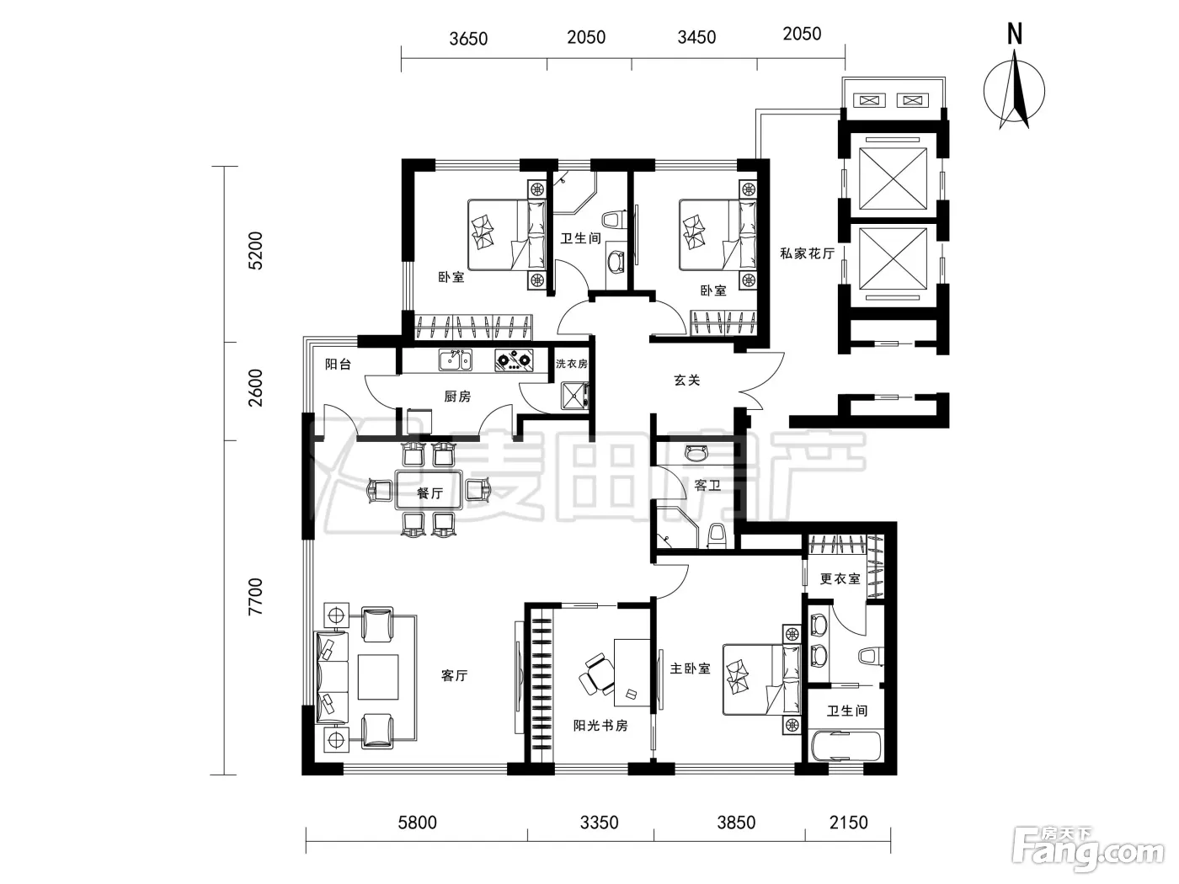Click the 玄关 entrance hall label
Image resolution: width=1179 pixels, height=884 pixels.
(x=687, y=380)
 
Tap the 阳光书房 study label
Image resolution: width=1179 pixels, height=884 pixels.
(x=600, y=726)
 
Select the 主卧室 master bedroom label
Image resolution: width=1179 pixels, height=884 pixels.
(x=691, y=668)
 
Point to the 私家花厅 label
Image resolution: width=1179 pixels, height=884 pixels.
(x=808, y=253)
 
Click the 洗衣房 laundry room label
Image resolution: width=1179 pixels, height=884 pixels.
(x=572, y=364)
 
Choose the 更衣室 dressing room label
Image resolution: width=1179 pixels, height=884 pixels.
(x=840, y=578)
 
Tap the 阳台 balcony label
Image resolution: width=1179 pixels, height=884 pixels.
(x=339, y=364)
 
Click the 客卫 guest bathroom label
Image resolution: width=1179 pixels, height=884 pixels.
(x=707, y=485)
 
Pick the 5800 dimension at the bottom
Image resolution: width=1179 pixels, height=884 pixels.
(x=418, y=823)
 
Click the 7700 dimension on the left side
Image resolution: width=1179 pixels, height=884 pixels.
(x=256, y=596)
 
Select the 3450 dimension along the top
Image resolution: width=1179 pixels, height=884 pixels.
(x=696, y=37)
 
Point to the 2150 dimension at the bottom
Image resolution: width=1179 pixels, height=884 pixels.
(x=849, y=823)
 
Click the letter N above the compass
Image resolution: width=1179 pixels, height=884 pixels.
(x=1015, y=34)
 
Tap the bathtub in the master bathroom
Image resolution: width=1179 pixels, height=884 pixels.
(x=846, y=747)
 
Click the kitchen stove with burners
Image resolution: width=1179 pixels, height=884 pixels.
(x=514, y=360)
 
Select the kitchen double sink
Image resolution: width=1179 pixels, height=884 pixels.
(x=456, y=359)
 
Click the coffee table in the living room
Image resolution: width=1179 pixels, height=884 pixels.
(x=378, y=676)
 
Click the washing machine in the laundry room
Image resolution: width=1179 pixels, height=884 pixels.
(x=574, y=396)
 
